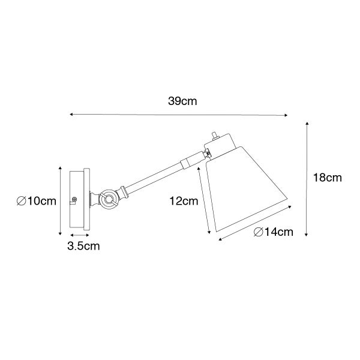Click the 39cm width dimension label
click(x=182, y=101)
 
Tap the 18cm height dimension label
click(x=328, y=178)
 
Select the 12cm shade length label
click(x=184, y=201)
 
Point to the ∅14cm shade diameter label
click(x=274, y=232)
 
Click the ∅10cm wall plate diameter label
click(x=37, y=201)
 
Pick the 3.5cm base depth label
click(x=83, y=246)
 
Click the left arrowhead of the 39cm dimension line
click(x=71, y=114)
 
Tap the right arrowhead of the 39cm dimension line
click(x=286, y=115)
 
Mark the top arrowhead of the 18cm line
click(x=307, y=123)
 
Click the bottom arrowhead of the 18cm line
click(x=306, y=234)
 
